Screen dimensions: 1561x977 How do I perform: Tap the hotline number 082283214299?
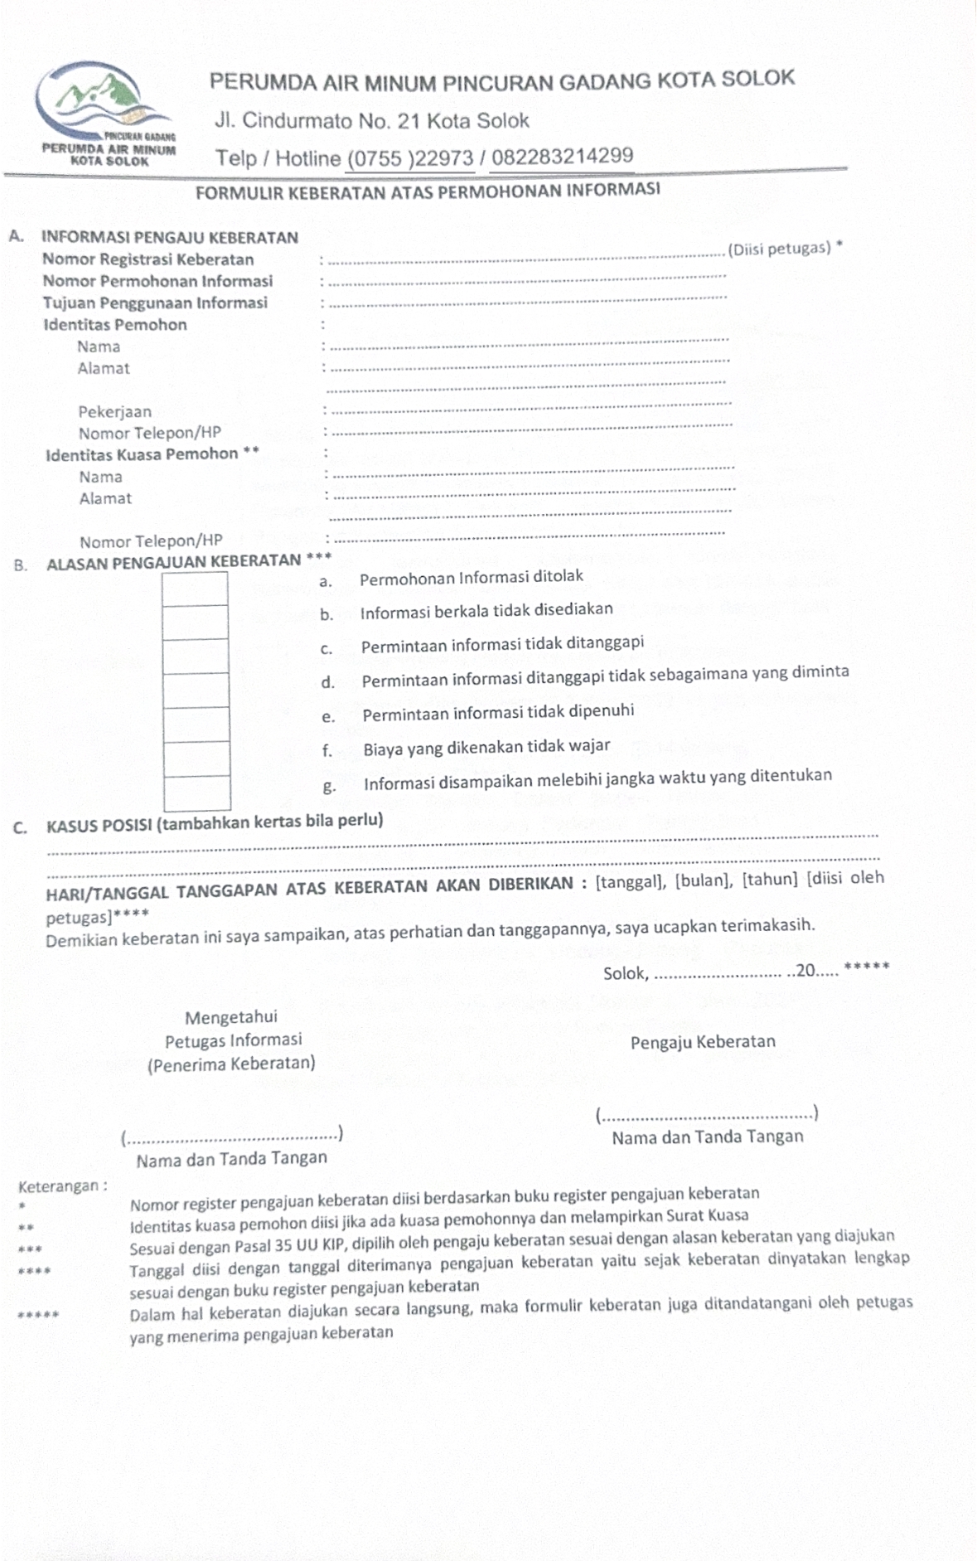tap(562, 157)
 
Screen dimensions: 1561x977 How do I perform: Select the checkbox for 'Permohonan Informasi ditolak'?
tap(195, 589)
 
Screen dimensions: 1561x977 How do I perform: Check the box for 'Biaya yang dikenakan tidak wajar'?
tap(196, 759)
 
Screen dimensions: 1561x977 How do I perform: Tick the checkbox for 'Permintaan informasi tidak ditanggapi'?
tap(196, 657)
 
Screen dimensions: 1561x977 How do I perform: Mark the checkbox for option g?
tap(196, 793)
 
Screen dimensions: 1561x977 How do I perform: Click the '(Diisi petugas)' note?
tap(779, 248)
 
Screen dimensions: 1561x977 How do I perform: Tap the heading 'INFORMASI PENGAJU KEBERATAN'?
tap(170, 237)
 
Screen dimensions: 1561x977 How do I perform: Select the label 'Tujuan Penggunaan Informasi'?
tap(155, 303)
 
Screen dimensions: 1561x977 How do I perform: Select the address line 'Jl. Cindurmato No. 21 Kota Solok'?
tap(371, 121)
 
